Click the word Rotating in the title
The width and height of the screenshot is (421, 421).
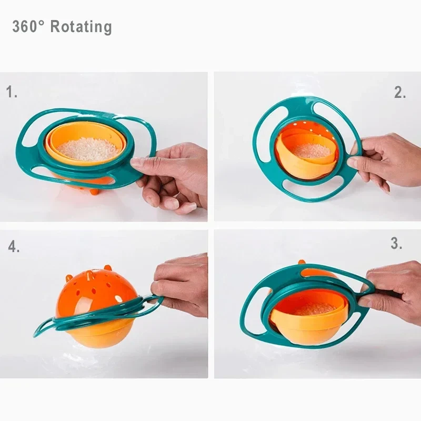pyautogui.click(x=81, y=26)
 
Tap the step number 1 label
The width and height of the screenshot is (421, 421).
pyautogui.click(x=12, y=93)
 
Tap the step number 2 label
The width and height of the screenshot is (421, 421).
pyautogui.click(x=400, y=93)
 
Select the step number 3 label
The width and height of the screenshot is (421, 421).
pyautogui.click(x=396, y=244)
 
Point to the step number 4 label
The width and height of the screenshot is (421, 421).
pyautogui.click(x=14, y=246)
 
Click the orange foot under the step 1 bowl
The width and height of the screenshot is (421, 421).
pyautogui.click(x=94, y=191)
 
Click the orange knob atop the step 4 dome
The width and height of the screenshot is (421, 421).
pyautogui.click(x=108, y=268)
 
